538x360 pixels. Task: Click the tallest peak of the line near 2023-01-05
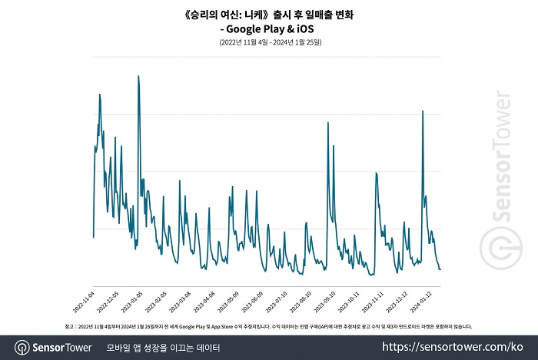138,76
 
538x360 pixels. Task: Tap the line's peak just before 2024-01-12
423,112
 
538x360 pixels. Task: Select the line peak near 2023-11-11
376,173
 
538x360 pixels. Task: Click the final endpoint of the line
440,269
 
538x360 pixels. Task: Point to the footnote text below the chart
269,326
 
